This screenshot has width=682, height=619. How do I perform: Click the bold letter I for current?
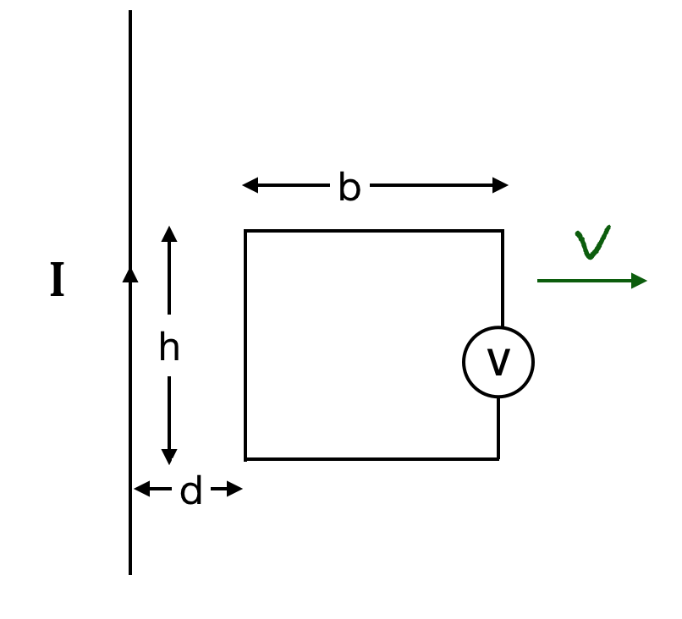coord(57,281)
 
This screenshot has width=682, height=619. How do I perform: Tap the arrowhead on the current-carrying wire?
coord(130,274)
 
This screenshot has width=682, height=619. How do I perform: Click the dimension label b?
coord(349,187)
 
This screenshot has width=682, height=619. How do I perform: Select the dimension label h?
coord(169,348)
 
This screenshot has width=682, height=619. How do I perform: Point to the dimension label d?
coord(191,491)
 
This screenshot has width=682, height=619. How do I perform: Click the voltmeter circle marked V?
coord(498,362)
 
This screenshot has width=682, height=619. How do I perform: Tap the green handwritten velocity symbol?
coord(594,243)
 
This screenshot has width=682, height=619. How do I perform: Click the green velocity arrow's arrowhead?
coord(640,281)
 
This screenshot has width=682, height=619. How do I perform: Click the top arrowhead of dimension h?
coord(169,233)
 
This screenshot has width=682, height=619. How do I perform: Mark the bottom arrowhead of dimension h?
coord(169,457)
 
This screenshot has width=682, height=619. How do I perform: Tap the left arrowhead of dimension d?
coord(141,489)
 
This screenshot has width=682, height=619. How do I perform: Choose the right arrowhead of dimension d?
coord(235,489)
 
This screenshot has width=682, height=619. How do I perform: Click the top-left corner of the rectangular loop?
coord(245,231)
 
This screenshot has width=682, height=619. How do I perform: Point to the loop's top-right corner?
coord(503,231)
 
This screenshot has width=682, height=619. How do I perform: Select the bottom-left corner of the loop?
coord(245,459)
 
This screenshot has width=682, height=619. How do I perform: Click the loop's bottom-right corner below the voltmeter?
coord(498,459)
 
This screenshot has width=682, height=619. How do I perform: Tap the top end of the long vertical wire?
coord(130,12)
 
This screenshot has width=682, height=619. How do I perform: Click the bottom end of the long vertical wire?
coord(130,573)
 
